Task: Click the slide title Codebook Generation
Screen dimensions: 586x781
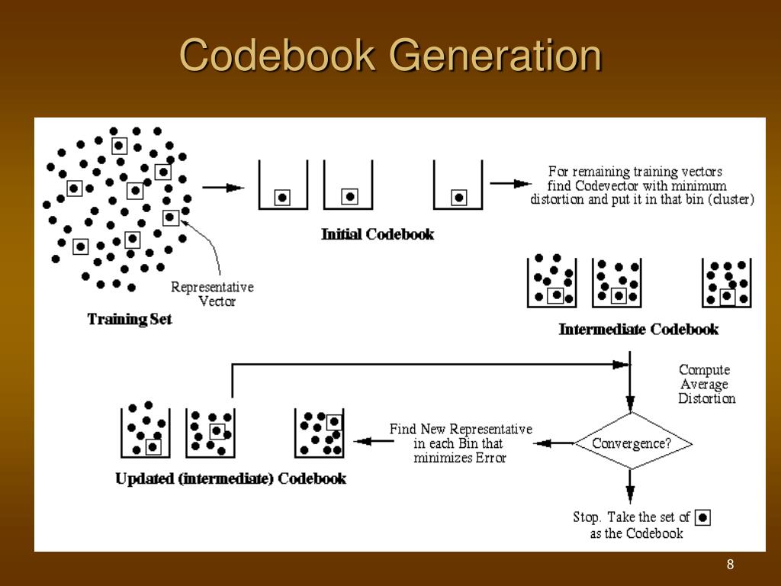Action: pyautogui.click(x=390, y=56)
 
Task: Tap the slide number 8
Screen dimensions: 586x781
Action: pyautogui.click(x=730, y=565)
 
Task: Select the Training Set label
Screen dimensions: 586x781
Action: pyautogui.click(x=130, y=319)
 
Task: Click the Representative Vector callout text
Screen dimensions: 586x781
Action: pyautogui.click(x=213, y=294)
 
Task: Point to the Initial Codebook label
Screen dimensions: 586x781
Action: pyautogui.click(x=378, y=234)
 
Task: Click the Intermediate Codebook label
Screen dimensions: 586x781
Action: pyautogui.click(x=638, y=330)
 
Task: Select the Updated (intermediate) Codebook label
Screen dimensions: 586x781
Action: pyautogui.click(x=230, y=479)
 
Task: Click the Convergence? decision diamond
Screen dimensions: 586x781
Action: pyautogui.click(x=632, y=443)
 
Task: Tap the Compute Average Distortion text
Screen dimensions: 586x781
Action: pyautogui.click(x=705, y=384)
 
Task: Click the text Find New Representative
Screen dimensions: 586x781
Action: pyautogui.click(x=461, y=430)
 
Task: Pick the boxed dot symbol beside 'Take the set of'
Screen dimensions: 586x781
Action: pyautogui.click(x=703, y=517)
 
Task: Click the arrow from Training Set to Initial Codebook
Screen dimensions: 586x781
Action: pyautogui.click(x=223, y=187)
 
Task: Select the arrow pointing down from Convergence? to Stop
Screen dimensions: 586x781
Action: pyautogui.click(x=630, y=484)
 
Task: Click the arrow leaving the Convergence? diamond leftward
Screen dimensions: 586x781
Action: pyautogui.click(x=563, y=443)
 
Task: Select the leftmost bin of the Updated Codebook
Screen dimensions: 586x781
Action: pyautogui.click(x=145, y=430)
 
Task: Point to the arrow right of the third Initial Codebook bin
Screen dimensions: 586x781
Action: pyautogui.click(x=510, y=183)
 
